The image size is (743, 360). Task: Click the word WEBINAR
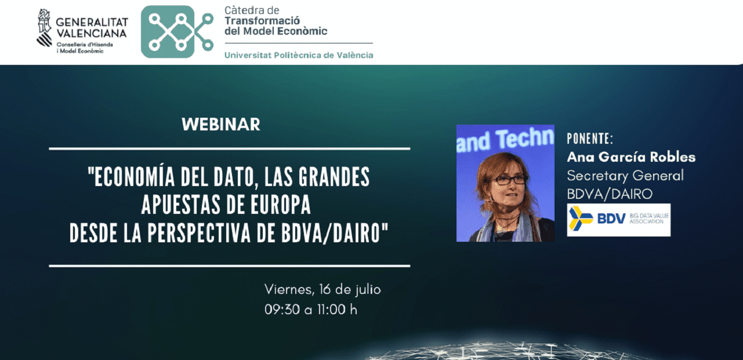(221, 124)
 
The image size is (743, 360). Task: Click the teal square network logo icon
(168, 32)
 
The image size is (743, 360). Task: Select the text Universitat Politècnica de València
(299, 55)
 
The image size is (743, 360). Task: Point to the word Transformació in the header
(262, 20)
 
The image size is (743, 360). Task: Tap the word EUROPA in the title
(281, 205)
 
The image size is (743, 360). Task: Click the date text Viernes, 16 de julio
(322, 289)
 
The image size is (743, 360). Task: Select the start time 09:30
(282, 310)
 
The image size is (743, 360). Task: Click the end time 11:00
(331, 310)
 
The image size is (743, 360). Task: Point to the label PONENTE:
(590, 139)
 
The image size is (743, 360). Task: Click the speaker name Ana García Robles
(631, 157)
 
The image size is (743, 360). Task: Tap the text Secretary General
(625, 176)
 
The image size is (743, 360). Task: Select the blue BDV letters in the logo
(611, 219)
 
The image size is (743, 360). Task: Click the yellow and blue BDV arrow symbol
(581, 218)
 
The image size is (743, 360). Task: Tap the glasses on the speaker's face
(509, 180)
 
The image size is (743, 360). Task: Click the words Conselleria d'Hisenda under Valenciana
(85, 45)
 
